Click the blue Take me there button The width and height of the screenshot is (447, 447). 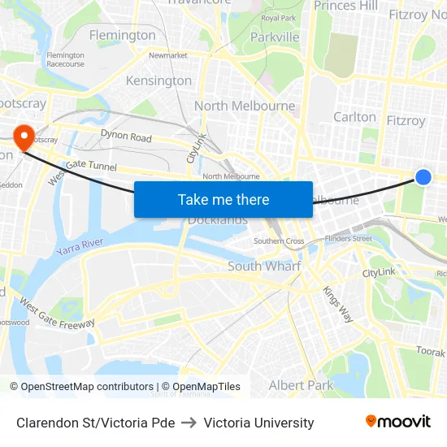pos(223,199)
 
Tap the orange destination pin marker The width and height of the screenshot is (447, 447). pos(23,135)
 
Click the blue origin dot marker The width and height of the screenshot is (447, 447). pos(423,176)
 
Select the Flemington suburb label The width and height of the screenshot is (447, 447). pos(122,35)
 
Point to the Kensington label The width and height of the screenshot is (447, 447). pos(159,80)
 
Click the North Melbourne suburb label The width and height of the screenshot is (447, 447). pos(245,106)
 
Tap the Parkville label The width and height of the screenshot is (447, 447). pos(275,37)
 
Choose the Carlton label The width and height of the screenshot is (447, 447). pos(355,117)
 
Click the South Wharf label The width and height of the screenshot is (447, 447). pos(264,267)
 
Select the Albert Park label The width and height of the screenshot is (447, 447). pos(301,385)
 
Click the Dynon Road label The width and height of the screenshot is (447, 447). pos(126,137)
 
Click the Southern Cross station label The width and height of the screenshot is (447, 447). pos(279,241)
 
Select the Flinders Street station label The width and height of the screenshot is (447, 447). pos(348,238)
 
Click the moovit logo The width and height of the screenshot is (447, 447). pos(398,422)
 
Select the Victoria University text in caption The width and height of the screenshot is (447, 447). pos(258,423)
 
